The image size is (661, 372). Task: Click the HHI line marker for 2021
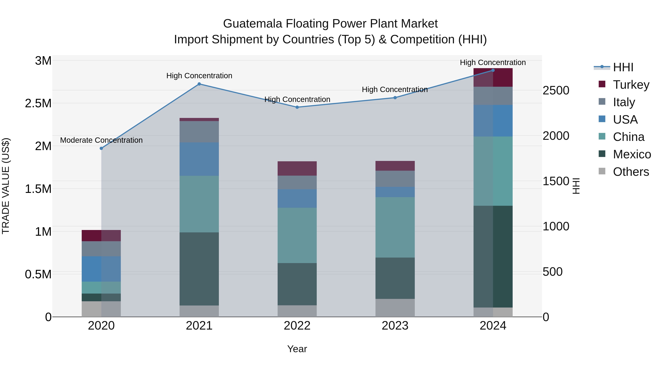(199, 84)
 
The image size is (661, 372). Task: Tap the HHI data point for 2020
(101, 148)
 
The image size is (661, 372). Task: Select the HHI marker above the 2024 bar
(493, 70)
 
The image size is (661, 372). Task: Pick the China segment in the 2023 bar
(395, 227)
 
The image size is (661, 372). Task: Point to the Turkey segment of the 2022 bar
(297, 168)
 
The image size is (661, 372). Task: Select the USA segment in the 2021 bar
(199, 159)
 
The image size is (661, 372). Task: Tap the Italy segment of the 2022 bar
(297, 183)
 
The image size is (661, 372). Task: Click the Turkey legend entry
(631, 85)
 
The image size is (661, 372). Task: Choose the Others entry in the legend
(631, 172)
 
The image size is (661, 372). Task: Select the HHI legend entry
(623, 67)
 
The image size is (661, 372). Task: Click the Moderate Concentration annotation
(101, 140)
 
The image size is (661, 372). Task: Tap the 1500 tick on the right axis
(556, 181)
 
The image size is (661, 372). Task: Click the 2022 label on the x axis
(297, 326)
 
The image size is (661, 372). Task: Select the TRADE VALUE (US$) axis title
(6, 186)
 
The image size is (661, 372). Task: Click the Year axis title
(297, 349)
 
